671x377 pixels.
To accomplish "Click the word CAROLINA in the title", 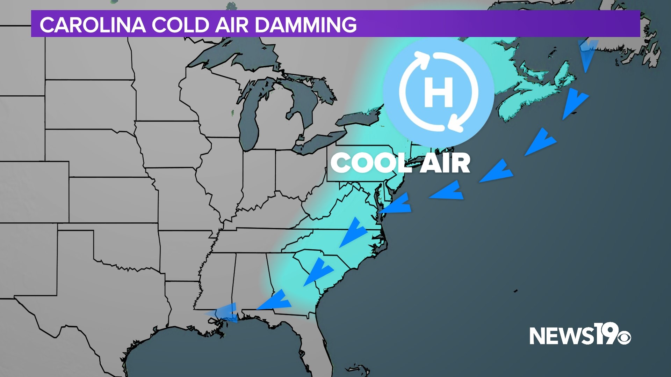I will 93,25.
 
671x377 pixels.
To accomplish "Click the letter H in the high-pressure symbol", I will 438,92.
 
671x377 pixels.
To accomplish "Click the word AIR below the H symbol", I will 445,163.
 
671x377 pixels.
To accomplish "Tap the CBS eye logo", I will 623,337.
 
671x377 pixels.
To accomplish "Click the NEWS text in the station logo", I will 560,336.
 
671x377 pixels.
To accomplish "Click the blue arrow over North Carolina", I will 353,232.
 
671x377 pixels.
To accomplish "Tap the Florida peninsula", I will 320,342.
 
